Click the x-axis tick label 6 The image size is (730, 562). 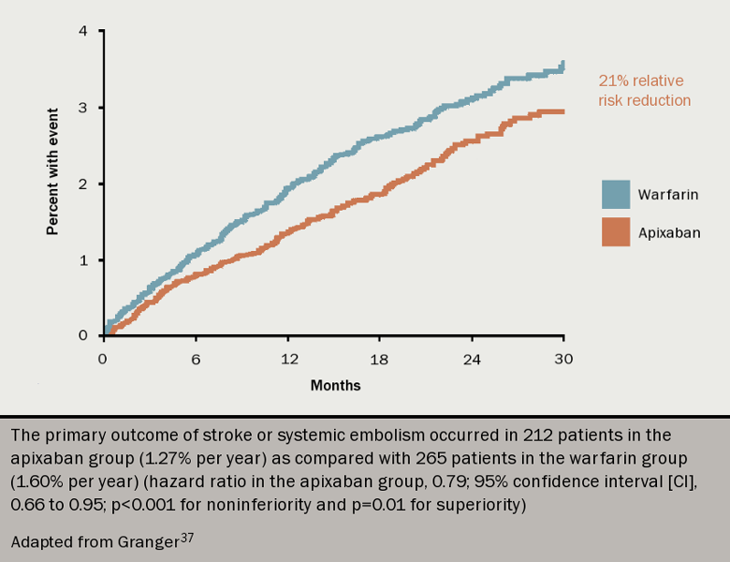[194, 359]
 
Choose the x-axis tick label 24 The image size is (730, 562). [472, 359]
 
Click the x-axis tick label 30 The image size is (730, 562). [564, 359]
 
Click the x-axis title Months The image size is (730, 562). [335, 386]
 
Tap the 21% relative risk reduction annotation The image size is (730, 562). [643, 90]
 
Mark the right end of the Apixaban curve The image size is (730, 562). [563, 111]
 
